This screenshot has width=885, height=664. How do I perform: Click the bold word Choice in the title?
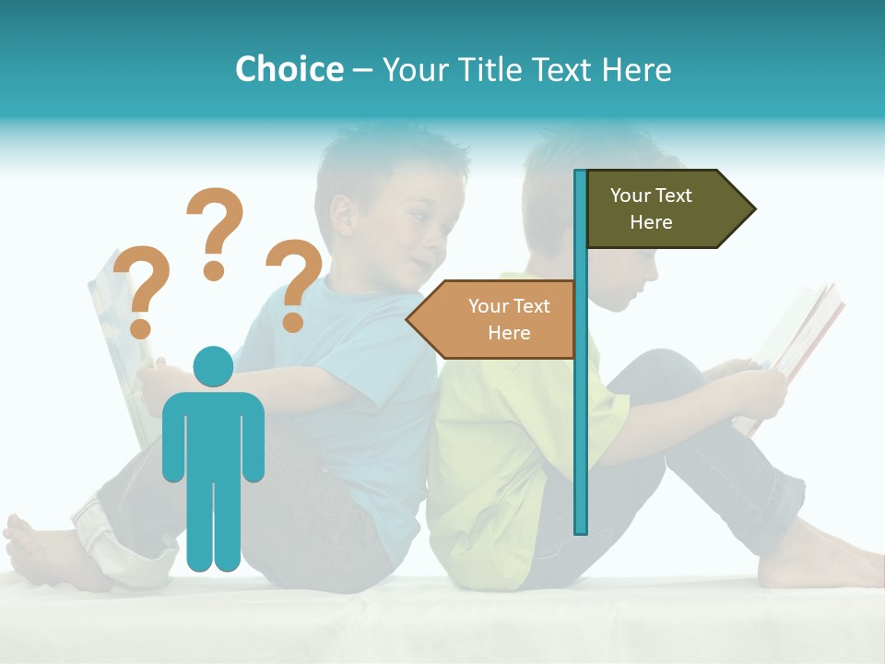[x=289, y=69]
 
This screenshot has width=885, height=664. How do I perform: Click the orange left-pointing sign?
[x=498, y=319]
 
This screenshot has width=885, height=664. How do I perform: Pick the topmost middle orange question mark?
[x=215, y=231]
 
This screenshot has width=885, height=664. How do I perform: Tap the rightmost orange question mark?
[x=294, y=282]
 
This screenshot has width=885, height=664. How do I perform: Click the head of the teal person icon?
[x=213, y=366]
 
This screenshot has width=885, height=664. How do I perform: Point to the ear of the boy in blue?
[x=342, y=217]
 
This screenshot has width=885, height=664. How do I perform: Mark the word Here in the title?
[x=637, y=69]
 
